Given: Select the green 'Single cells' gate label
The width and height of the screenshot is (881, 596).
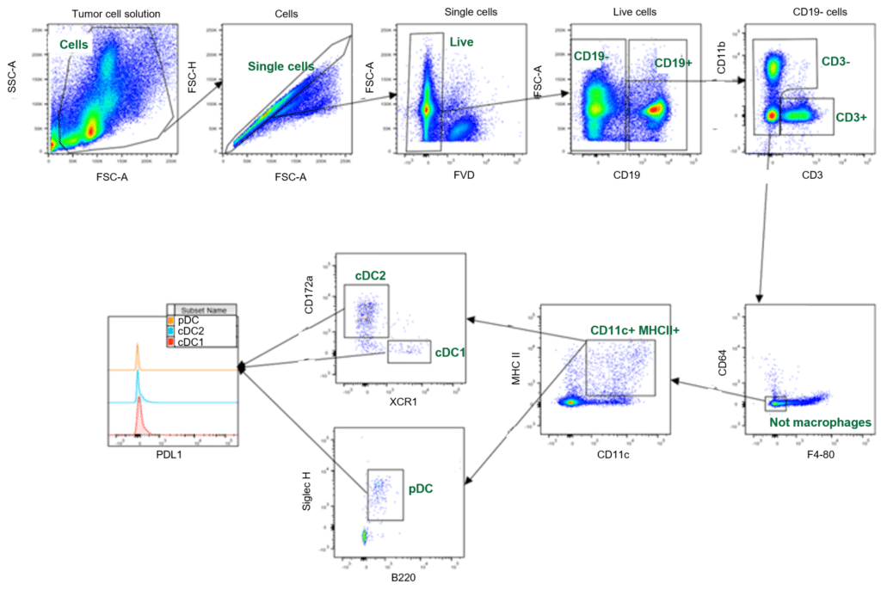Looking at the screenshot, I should pos(280,65).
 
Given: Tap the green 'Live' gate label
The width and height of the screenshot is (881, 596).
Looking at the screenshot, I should pos(461,41).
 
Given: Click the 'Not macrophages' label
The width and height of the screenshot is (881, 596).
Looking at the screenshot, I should pos(820,422).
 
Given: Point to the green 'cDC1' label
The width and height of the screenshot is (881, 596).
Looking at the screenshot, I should pos(448,352).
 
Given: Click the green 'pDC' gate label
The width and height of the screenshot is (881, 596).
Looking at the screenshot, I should pos(421,488).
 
